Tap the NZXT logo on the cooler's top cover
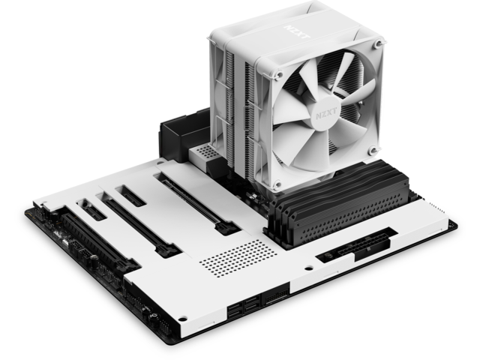click(297, 31)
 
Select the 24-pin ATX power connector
click(364, 247)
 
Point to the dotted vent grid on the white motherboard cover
click(238, 258)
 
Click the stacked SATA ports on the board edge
click(244, 307)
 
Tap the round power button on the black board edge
click(154, 316)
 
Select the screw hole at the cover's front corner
click(182, 319)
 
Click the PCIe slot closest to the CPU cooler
click(196, 203)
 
